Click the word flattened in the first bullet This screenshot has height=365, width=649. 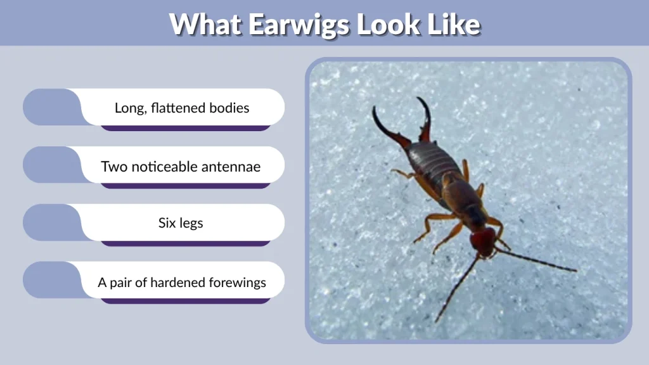click(180, 108)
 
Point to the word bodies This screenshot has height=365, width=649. click(231, 108)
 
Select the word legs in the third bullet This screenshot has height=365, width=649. click(191, 224)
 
